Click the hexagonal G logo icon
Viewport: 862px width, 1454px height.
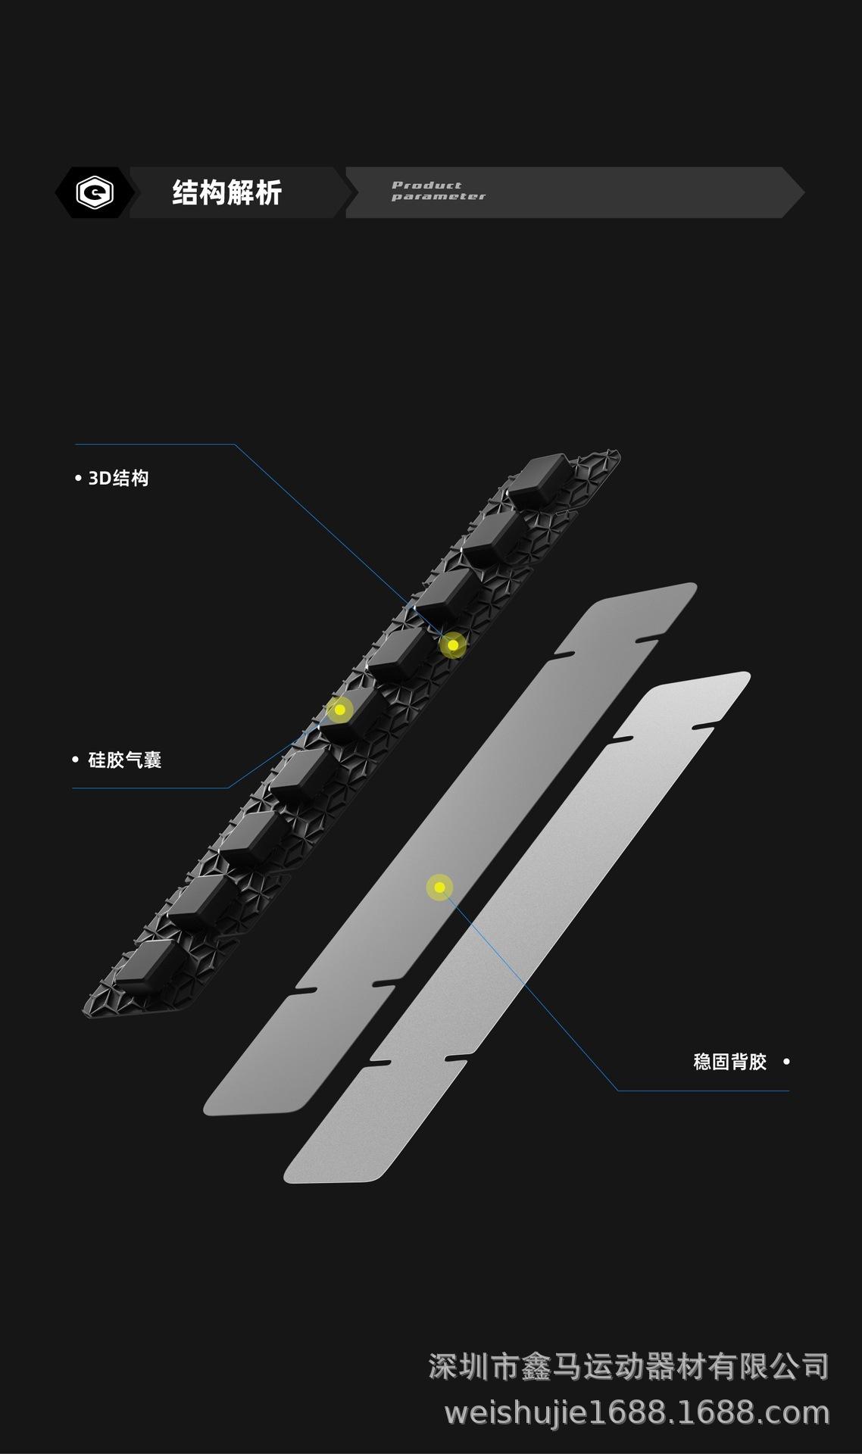pos(95,192)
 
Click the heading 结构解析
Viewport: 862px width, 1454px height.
pos(227,192)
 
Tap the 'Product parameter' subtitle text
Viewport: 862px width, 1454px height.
pos(438,191)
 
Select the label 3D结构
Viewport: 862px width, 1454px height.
pos(119,479)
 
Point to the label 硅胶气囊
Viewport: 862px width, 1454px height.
pos(125,760)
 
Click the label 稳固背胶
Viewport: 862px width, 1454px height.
pos(730,1062)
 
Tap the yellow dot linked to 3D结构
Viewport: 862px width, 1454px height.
pos(453,645)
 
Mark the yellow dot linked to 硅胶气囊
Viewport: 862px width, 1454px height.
pos(340,710)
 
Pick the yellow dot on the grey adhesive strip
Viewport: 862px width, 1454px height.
pos(439,888)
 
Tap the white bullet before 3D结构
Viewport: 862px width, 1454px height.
pos(78,479)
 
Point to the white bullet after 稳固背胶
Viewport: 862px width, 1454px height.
pos(786,1062)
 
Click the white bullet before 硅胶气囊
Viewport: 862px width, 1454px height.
pos(75,760)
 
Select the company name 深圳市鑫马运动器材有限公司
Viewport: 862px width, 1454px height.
pos(629,1367)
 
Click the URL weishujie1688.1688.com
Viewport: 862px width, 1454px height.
pos(637,1413)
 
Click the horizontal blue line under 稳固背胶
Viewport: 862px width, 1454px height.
pos(703,1090)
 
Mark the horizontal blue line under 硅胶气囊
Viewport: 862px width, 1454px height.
pos(150,788)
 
